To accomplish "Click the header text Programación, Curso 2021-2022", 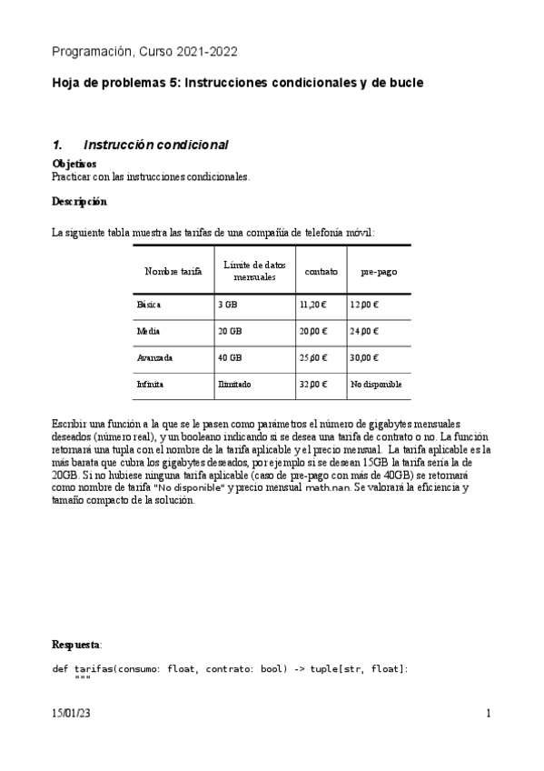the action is click(145, 52).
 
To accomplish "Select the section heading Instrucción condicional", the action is click(155, 145).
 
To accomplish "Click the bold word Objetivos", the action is click(74, 164).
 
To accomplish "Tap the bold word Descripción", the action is click(79, 201).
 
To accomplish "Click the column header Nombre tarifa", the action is click(173, 272).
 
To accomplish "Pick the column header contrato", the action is click(321, 272).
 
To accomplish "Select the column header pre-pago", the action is click(379, 272).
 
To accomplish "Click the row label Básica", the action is click(149, 305).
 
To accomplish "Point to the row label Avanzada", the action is click(154, 358).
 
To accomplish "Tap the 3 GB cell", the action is click(227, 305).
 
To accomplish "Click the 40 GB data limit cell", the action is click(230, 358).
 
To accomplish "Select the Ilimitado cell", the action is click(234, 385).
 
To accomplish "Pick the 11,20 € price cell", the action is click(312, 305).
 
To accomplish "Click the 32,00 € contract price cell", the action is click(312, 385).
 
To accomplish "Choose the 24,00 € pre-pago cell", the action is click(365, 332).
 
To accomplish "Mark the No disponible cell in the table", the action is click(376, 385).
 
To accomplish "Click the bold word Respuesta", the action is click(76, 645).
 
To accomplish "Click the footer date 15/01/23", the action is click(72, 715).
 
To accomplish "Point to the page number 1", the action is click(488, 715).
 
